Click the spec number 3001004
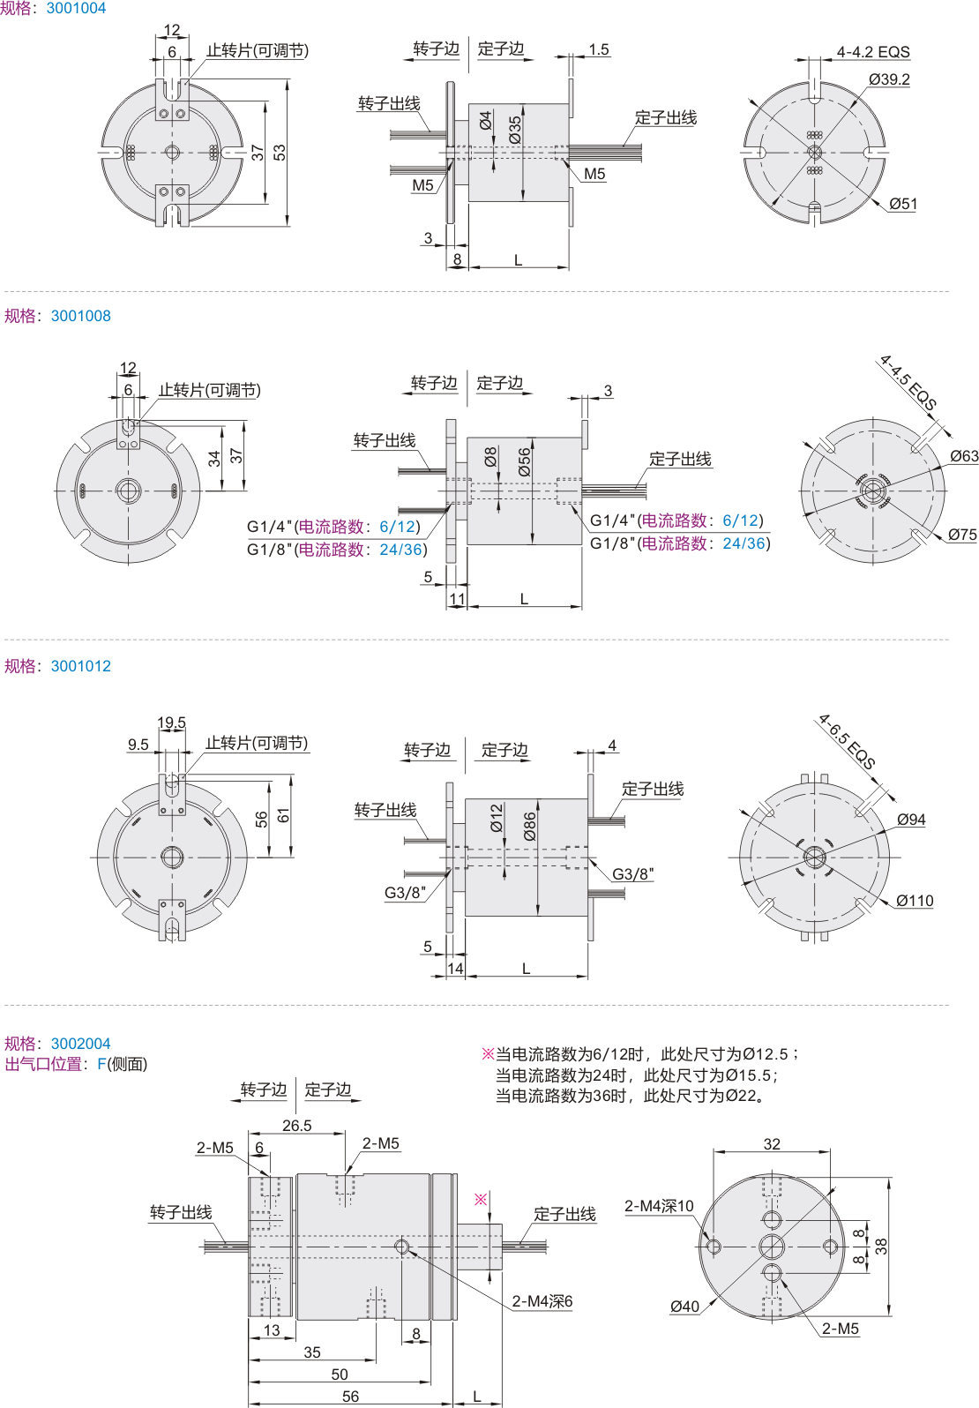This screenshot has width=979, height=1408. [76, 9]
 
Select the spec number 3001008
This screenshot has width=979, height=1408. [81, 316]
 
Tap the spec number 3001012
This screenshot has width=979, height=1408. [81, 666]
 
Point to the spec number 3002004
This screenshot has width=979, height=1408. [81, 1044]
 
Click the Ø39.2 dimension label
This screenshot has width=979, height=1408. [889, 79]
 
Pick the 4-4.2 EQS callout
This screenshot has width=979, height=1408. [873, 52]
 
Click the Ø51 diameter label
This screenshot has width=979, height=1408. [903, 205]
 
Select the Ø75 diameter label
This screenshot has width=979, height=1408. [962, 535]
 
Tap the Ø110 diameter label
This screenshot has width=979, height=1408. [915, 901]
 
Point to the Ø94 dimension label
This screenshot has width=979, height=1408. [911, 820]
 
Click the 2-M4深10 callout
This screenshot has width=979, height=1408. [659, 1206]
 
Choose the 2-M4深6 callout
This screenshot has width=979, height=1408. [542, 1301]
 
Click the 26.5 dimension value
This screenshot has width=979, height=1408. [297, 1126]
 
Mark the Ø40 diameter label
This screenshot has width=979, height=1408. [684, 1307]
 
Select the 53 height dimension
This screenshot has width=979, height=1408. [280, 153]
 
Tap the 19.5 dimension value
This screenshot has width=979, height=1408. [172, 723]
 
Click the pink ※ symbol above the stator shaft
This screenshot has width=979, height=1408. [481, 1199]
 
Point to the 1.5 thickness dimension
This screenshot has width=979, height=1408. [599, 50]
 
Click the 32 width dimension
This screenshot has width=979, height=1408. [772, 1144]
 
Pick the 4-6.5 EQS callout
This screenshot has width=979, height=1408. [847, 742]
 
